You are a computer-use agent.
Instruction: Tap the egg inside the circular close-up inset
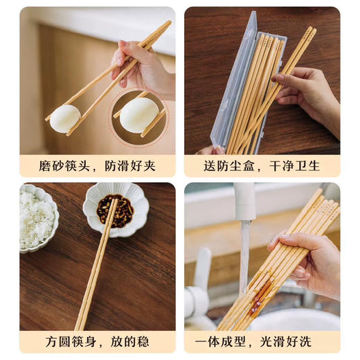[x=138, y=114]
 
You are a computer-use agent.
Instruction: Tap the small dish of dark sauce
[x=114, y=208]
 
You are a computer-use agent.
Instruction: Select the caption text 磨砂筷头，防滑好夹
[x=97, y=166]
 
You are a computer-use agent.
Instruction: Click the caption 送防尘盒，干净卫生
[x=262, y=166]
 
